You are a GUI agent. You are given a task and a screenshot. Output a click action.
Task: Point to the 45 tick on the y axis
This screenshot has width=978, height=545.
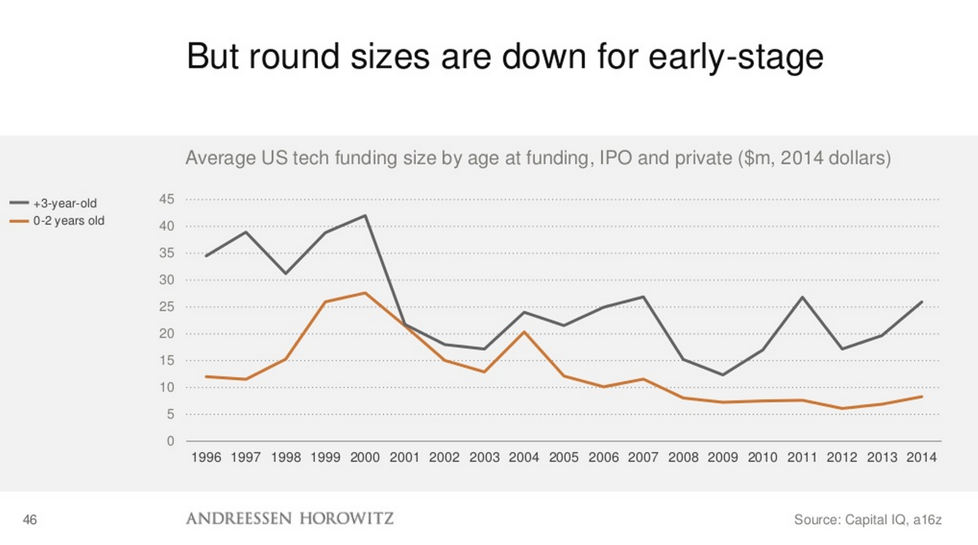pos(167,199)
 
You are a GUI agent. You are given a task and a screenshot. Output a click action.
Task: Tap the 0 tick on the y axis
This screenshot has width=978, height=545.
pos(170,441)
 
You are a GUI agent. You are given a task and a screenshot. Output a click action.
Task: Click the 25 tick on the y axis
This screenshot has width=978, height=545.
pos(167,307)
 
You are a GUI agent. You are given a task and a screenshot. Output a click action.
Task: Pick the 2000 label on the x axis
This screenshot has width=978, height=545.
pos(365,458)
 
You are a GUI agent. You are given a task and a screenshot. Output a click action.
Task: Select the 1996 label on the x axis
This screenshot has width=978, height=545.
pos(206,458)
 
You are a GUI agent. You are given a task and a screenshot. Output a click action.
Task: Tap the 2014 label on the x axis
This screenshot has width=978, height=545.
pos(921,458)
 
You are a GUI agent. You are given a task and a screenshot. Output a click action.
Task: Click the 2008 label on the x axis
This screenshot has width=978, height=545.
pos(683,458)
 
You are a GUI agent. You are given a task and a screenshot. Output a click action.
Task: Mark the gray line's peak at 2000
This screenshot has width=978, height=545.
pos(366,215)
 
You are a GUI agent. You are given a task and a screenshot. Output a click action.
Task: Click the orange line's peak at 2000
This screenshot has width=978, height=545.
pos(366,293)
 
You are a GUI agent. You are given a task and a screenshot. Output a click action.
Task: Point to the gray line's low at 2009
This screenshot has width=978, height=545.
pos(723,375)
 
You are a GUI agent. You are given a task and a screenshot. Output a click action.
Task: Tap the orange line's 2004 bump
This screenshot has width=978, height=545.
pos(524,332)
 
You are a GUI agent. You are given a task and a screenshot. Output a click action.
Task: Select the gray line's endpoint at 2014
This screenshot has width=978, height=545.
pos(922,302)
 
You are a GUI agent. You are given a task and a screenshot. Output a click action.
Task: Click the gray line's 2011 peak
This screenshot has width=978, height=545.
pos(802,297)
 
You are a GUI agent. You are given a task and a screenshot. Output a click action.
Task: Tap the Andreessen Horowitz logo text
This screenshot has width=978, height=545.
pos(289,519)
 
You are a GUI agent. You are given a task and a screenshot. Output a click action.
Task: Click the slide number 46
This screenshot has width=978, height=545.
pos(30,520)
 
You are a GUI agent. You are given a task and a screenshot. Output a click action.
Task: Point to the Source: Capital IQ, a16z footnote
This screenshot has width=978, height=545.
pos(867,520)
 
